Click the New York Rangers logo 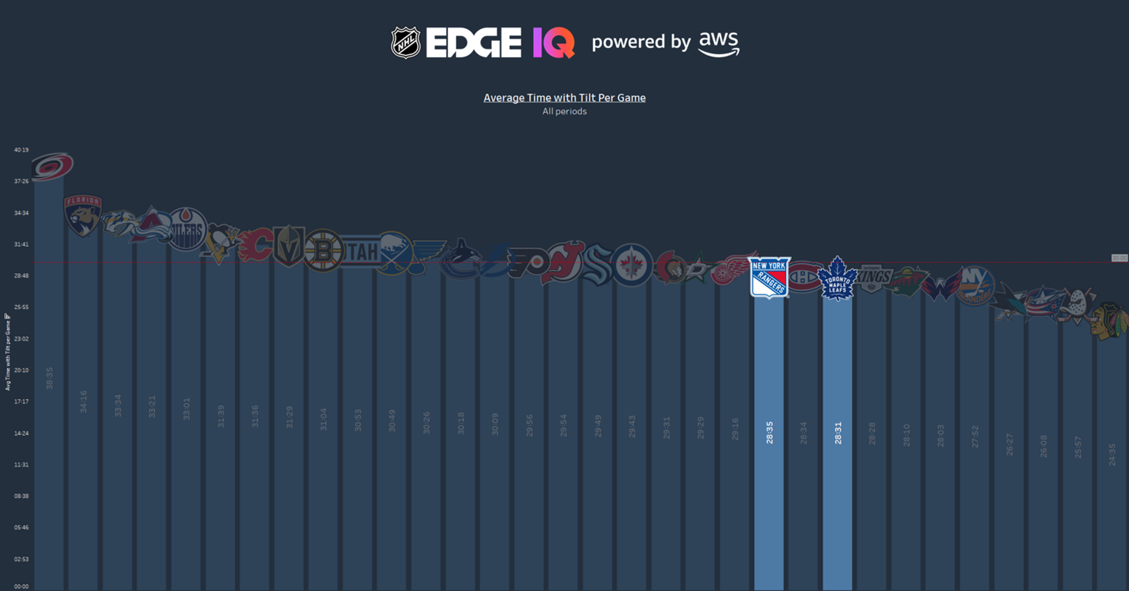[x=769, y=277]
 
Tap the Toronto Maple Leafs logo [x=837, y=279]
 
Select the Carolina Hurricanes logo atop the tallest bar [x=52, y=166]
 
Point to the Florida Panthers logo [x=83, y=215]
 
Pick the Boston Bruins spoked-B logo [x=323, y=250]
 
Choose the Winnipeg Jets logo [x=631, y=265]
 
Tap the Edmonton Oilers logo [x=187, y=229]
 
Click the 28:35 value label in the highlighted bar [x=769, y=432]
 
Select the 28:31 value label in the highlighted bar [x=838, y=432]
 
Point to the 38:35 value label [x=49, y=378]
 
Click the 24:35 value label [x=1112, y=454]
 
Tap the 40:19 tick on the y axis [x=22, y=150]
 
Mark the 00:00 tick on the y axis [x=22, y=587]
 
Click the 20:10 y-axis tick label [x=22, y=370]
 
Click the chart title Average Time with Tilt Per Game [x=564, y=98]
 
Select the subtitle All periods [x=564, y=112]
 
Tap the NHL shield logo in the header [x=405, y=43]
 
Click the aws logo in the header [x=719, y=44]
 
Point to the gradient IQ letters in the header [x=554, y=43]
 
